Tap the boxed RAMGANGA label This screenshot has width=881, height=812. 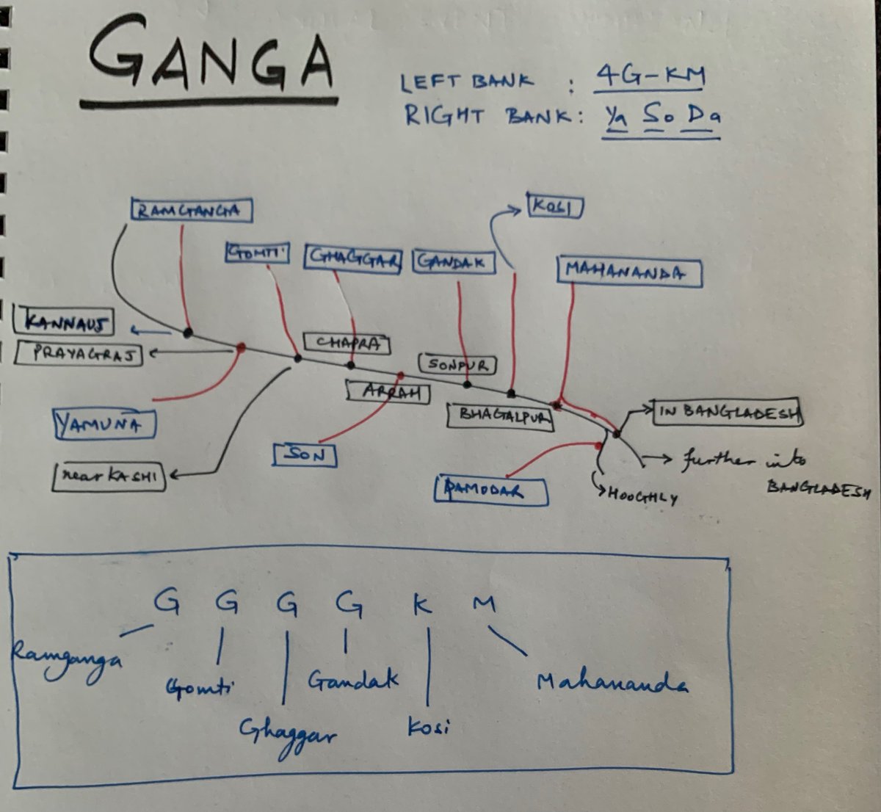click(x=191, y=211)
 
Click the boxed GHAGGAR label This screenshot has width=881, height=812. click(x=353, y=258)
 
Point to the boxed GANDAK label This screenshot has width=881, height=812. click(x=454, y=262)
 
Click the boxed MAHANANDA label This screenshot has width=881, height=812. click(x=629, y=272)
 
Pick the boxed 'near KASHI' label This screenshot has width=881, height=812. click(x=109, y=476)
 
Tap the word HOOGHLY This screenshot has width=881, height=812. click(x=642, y=496)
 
